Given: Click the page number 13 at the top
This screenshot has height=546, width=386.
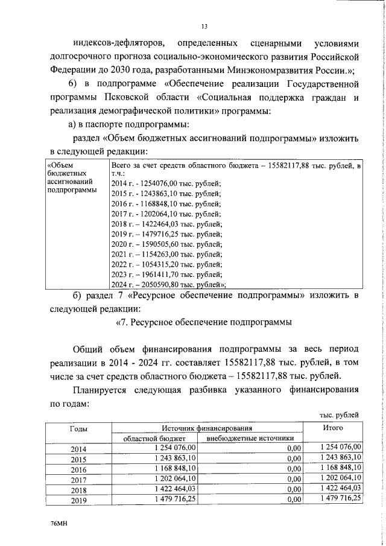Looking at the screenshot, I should [x=204, y=26].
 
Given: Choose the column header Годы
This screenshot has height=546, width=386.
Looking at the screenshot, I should [x=78, y=462].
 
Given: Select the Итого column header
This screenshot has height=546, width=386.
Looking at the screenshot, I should [x=332, y=461].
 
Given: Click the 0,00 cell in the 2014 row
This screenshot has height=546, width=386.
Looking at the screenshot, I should [x=293, y=482].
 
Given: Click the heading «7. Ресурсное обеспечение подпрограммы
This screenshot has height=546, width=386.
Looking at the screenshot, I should [x=204, y=322].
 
